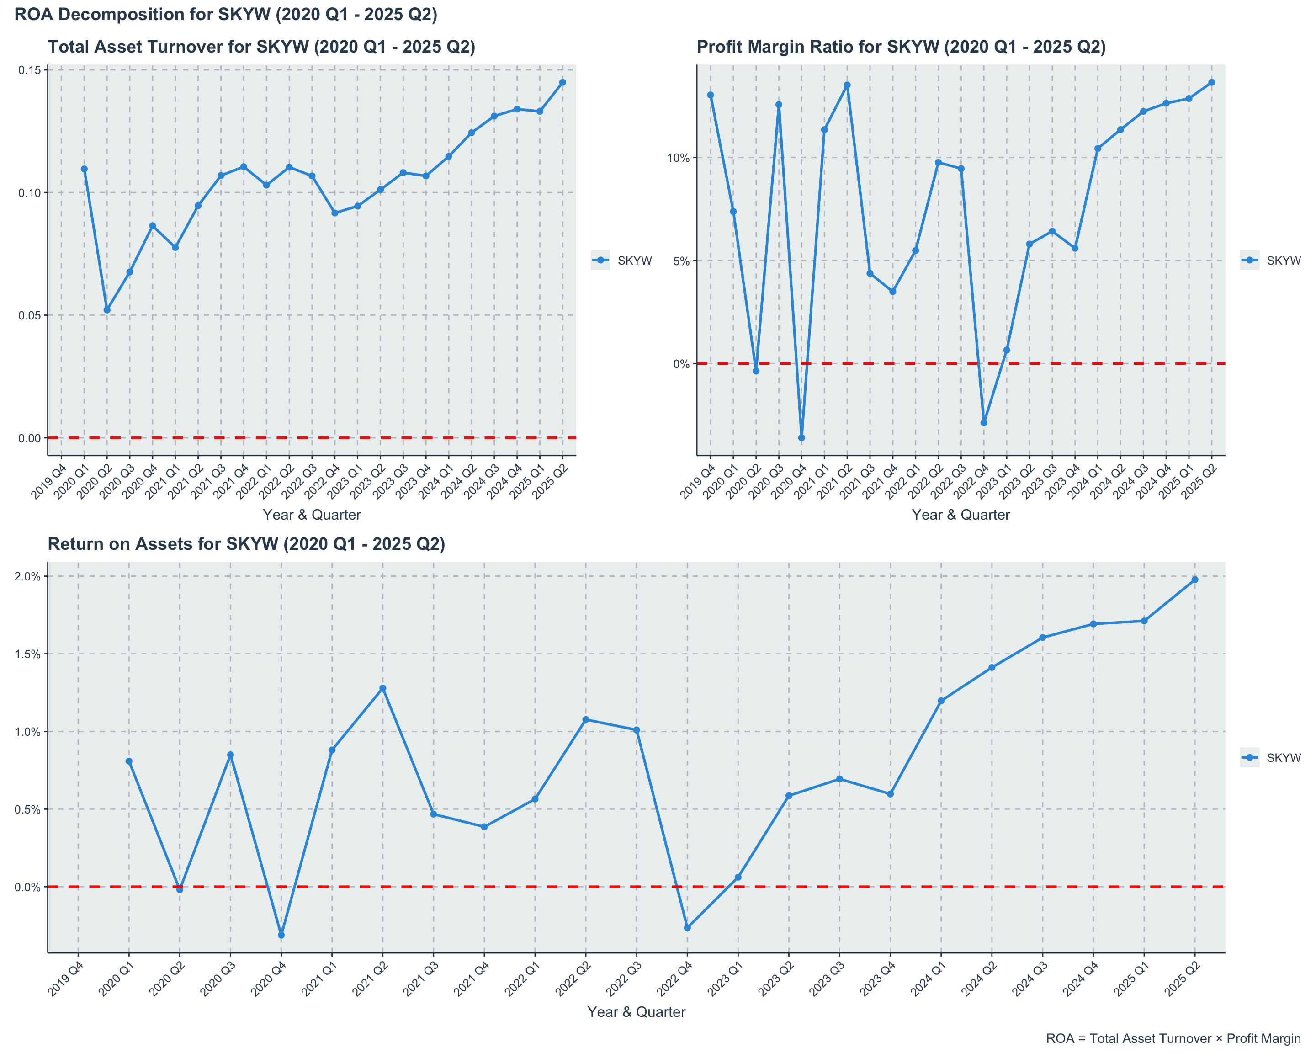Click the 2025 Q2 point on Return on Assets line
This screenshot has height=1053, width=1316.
click(x=1194, y=580)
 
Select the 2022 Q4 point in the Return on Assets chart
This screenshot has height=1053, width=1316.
click(x=687, y=927)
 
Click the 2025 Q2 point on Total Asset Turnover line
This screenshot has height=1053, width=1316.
click(x=562, y=82)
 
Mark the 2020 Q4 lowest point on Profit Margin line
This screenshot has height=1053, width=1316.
click(x=801, y=438)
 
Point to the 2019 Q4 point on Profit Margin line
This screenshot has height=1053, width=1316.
click(x=711, y=95)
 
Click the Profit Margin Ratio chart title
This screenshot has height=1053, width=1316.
click(x=901, y=47)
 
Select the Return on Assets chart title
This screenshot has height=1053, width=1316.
click(x=246, y=544)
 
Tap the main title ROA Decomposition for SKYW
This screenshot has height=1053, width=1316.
click(x=226, y=14)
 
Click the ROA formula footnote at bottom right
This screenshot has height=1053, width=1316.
click(x=1173, y=1038)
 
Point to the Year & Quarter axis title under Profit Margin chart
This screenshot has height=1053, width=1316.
click(x=961, y=515)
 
